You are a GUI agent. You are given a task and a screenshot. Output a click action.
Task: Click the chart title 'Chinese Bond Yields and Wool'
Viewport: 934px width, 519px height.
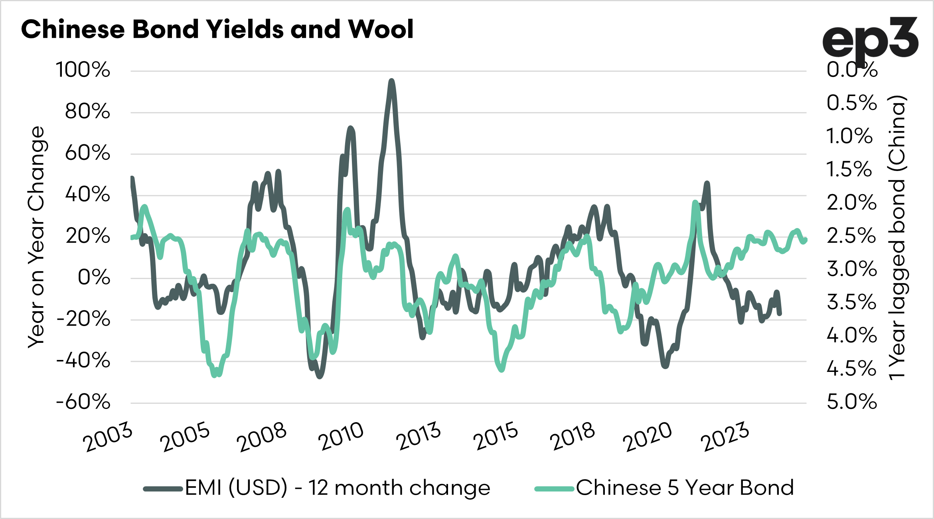pos(217,29)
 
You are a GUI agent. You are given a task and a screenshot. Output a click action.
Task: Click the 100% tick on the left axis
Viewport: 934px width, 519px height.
pos(83,70)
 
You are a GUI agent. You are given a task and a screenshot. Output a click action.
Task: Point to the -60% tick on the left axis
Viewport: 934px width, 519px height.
pos(83,402)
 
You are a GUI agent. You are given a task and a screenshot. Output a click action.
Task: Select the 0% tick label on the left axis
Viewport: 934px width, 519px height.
pos(94,278)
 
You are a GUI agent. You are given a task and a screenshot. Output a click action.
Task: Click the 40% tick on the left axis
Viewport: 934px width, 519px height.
pos(87,195)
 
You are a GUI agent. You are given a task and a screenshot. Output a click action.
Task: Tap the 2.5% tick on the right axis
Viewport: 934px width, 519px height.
pos(851,236)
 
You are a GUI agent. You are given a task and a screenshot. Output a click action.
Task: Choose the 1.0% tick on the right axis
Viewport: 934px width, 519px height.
pos(849,137)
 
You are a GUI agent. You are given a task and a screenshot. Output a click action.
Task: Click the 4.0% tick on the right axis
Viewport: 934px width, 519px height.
pos(852,336)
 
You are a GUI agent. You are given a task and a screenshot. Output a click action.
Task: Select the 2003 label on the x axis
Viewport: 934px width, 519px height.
pos(108,437)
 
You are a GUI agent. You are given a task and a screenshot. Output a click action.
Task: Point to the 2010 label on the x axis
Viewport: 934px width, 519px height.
pos(341,437)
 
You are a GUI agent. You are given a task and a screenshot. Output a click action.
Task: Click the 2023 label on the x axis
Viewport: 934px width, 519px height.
pos(725,437)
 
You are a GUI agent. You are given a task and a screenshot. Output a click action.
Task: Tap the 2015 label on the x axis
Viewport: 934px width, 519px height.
pos(496,437)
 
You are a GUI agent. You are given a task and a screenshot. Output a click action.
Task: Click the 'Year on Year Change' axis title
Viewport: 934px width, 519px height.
pos(36,237)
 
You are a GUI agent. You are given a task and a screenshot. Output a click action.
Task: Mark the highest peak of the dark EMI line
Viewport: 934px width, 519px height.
pos(391,81)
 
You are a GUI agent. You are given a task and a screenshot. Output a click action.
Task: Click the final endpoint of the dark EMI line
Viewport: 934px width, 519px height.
pos(780,314)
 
